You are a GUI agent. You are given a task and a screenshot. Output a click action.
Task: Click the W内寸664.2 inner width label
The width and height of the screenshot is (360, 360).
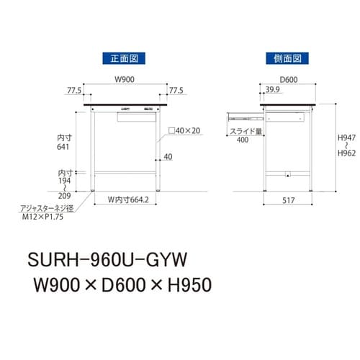pos(128,199)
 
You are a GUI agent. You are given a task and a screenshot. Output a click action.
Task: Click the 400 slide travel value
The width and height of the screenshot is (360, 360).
pos(243,140)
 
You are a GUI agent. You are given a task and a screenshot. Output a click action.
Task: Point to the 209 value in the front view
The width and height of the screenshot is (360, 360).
pos(66,195)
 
